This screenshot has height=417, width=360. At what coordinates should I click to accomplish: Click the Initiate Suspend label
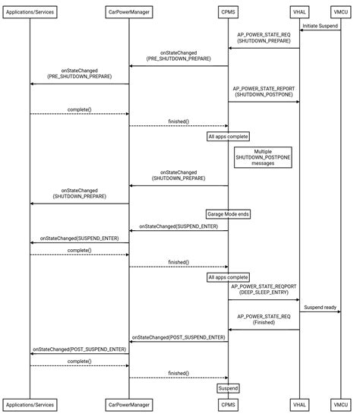[320, 26]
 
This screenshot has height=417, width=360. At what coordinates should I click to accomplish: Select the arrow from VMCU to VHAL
[320, 31]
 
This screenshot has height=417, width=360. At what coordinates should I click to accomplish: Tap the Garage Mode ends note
[228, 214]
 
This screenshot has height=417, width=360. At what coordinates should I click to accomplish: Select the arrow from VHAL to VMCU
[320, 311]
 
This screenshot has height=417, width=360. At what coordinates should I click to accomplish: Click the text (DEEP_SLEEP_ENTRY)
[264, 294]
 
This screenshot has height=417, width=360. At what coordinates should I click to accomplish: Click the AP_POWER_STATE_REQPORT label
[264, 287]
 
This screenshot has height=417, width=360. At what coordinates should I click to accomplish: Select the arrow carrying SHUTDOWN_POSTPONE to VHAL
[264, 101]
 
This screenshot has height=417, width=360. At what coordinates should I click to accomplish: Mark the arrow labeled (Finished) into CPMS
[264, 330]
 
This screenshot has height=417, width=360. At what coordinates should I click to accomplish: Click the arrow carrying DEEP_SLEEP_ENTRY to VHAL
[264, 300]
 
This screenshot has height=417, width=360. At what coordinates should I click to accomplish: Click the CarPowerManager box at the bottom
[128, 404]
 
